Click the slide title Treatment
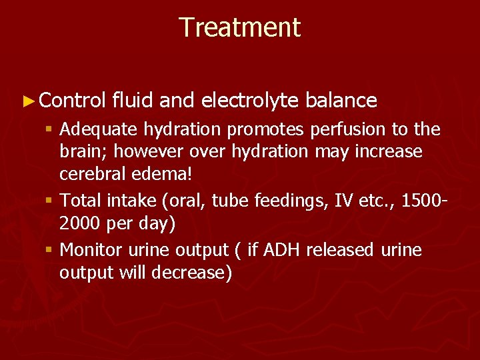[x=240, y=28]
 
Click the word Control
[x=73, y=101]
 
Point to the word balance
[x=342, y=101]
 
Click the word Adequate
[x=97, y=129]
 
